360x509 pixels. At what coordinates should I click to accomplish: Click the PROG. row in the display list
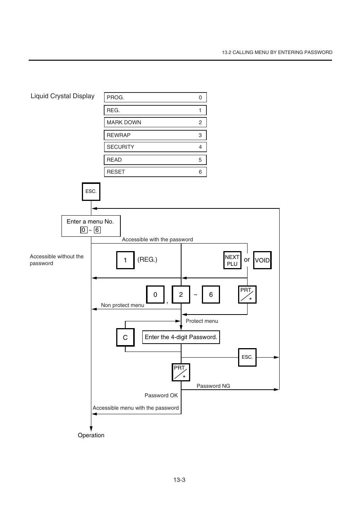155,97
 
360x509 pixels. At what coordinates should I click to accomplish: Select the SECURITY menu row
155,147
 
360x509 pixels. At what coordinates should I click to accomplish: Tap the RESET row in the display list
155,172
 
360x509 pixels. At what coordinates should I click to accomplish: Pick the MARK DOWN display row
155,122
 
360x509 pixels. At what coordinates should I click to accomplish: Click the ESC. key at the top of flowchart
91,191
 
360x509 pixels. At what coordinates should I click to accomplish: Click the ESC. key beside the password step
247,357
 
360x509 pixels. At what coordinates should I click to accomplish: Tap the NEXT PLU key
232,260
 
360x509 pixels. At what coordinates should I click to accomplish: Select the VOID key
262,260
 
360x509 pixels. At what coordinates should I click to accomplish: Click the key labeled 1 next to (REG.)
125,260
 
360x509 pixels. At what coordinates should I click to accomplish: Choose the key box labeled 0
155,295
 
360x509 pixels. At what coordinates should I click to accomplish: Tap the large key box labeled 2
181,295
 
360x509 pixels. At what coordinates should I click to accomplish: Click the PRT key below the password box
181,372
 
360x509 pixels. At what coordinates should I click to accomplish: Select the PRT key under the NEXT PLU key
247,295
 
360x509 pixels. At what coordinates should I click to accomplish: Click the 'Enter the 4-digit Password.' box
181,337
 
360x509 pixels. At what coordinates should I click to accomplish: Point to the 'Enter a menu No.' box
91,226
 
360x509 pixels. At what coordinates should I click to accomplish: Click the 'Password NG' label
213,386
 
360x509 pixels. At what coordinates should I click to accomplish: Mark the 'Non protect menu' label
122,305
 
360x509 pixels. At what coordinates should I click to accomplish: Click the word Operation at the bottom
91,435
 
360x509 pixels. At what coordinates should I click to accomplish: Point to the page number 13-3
179,480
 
